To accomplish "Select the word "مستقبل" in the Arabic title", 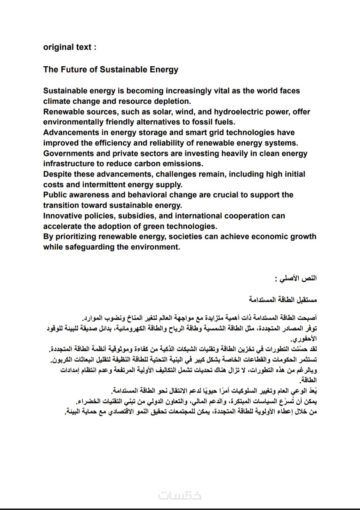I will click(x=307, y=300).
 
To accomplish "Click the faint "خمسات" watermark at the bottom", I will click(x=180, y=495).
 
